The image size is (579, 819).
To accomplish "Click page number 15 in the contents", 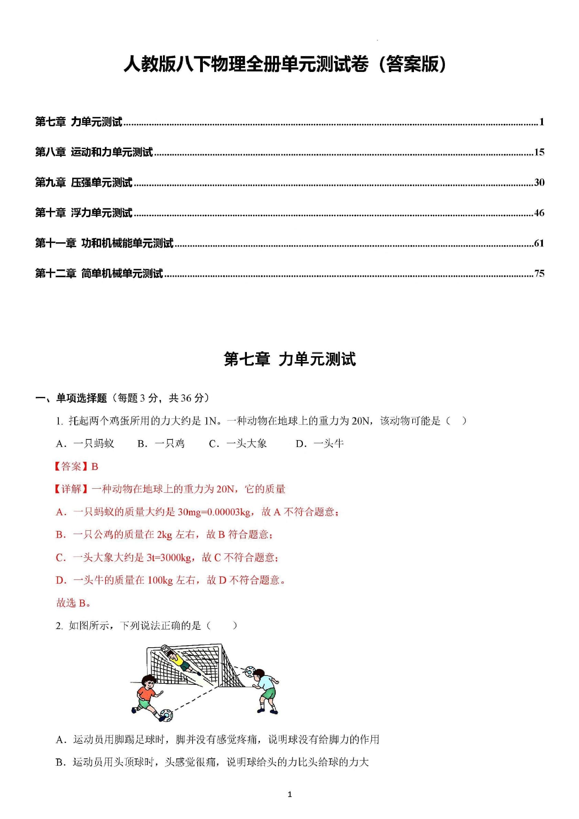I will [x=539, y=152].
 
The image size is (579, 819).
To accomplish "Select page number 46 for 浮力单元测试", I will [x=539, y=213].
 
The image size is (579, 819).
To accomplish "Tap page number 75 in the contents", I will [x=539, y=273].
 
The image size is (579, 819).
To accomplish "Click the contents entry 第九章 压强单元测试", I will [x=84, y=183].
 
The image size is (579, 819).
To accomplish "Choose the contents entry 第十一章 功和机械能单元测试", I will [x=104, y=243].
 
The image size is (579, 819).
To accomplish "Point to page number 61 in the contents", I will [x=539, y=243].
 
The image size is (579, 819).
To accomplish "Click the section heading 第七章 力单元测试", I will [x=289, y=359].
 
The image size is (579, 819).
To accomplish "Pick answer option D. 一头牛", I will [x=320, y=444].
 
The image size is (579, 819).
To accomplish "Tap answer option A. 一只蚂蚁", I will [x=85, y=444].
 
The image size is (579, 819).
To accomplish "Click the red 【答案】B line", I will [x=76, y=466].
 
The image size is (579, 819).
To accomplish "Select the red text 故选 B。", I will [x=74, y=603].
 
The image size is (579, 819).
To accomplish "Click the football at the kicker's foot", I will [x=166, y=715].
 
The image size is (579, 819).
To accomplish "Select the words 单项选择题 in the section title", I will [x=81, y=398].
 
